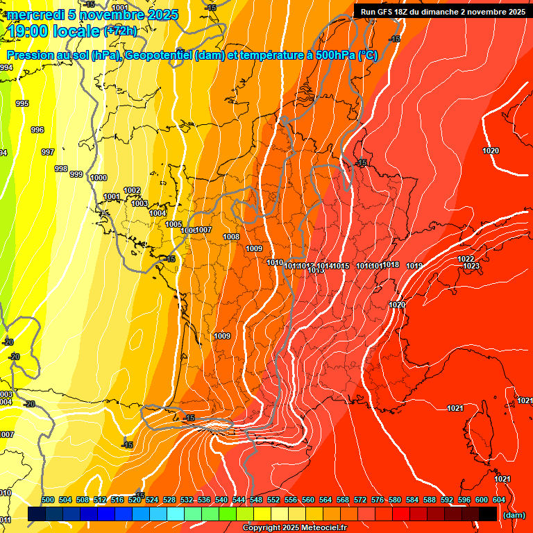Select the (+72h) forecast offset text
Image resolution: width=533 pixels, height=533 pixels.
120,31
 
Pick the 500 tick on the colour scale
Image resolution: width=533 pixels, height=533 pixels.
48,500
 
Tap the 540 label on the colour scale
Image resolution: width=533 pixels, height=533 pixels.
221,500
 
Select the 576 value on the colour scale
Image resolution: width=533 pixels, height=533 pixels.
378,500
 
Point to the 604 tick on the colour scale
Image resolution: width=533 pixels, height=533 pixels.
499,500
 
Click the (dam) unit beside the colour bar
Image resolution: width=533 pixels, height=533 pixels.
514,515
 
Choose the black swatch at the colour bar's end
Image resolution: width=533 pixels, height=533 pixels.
487,514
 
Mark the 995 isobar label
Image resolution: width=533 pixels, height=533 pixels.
22,103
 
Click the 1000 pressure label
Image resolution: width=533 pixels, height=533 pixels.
99,178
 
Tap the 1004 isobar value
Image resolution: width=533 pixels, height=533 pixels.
158,213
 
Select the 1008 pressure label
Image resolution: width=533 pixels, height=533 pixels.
231,237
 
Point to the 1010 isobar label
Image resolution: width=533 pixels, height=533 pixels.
275,262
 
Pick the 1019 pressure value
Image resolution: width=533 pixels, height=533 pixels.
414,266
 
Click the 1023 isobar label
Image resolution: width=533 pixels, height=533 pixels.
471,266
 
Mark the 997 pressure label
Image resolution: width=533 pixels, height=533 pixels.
48,152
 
